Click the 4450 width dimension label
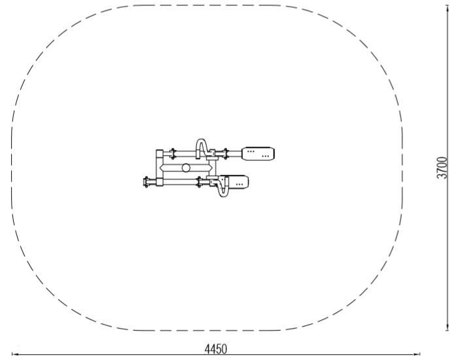coord(215,349)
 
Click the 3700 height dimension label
coord(442,168)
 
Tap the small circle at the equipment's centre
coord(186,168)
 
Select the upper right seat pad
coord(258,154)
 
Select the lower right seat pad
coord(238,182)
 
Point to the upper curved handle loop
coord(202,145)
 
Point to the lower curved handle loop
coord(221,189)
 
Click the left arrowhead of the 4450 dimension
coord(14,355)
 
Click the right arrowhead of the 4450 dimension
coord(417,355)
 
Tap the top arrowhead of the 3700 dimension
coord(447,9)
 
